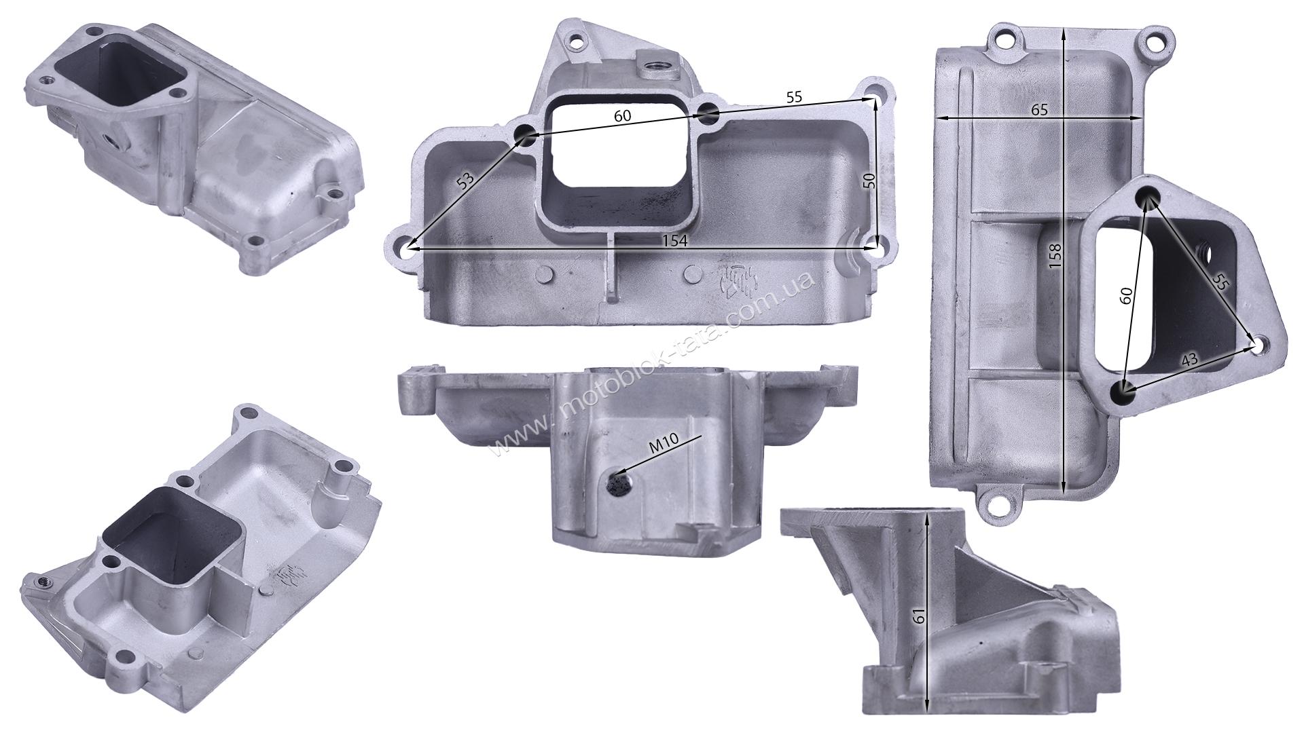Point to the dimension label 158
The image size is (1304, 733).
[x=1054, y=257]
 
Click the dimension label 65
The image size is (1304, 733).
[x=1039, y=109]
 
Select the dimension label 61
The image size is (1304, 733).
[x=918, y=616]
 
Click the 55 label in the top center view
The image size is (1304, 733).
[x=794, y=97]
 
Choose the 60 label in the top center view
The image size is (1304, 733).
[x=622, y=116]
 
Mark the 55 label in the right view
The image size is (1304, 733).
[x=1219, y=282]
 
